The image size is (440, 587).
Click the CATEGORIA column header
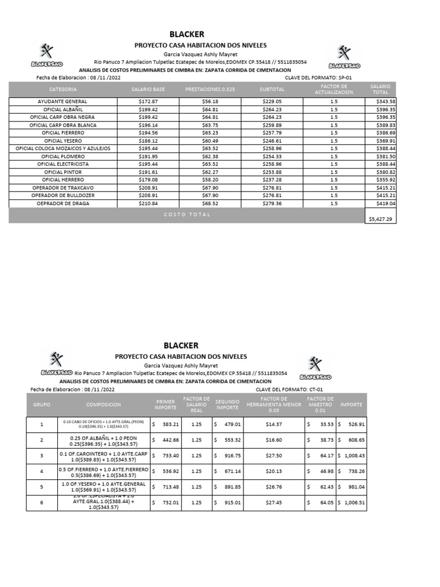63,89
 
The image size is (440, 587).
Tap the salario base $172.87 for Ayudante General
148,101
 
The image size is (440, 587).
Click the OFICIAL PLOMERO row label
63,156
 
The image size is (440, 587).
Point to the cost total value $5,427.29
380,219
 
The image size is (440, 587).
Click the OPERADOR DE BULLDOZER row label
63,195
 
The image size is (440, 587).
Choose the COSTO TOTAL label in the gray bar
187,214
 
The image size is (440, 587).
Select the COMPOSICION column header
104,404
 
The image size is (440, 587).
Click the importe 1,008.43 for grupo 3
352,455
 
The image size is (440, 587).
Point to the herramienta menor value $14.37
274,424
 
